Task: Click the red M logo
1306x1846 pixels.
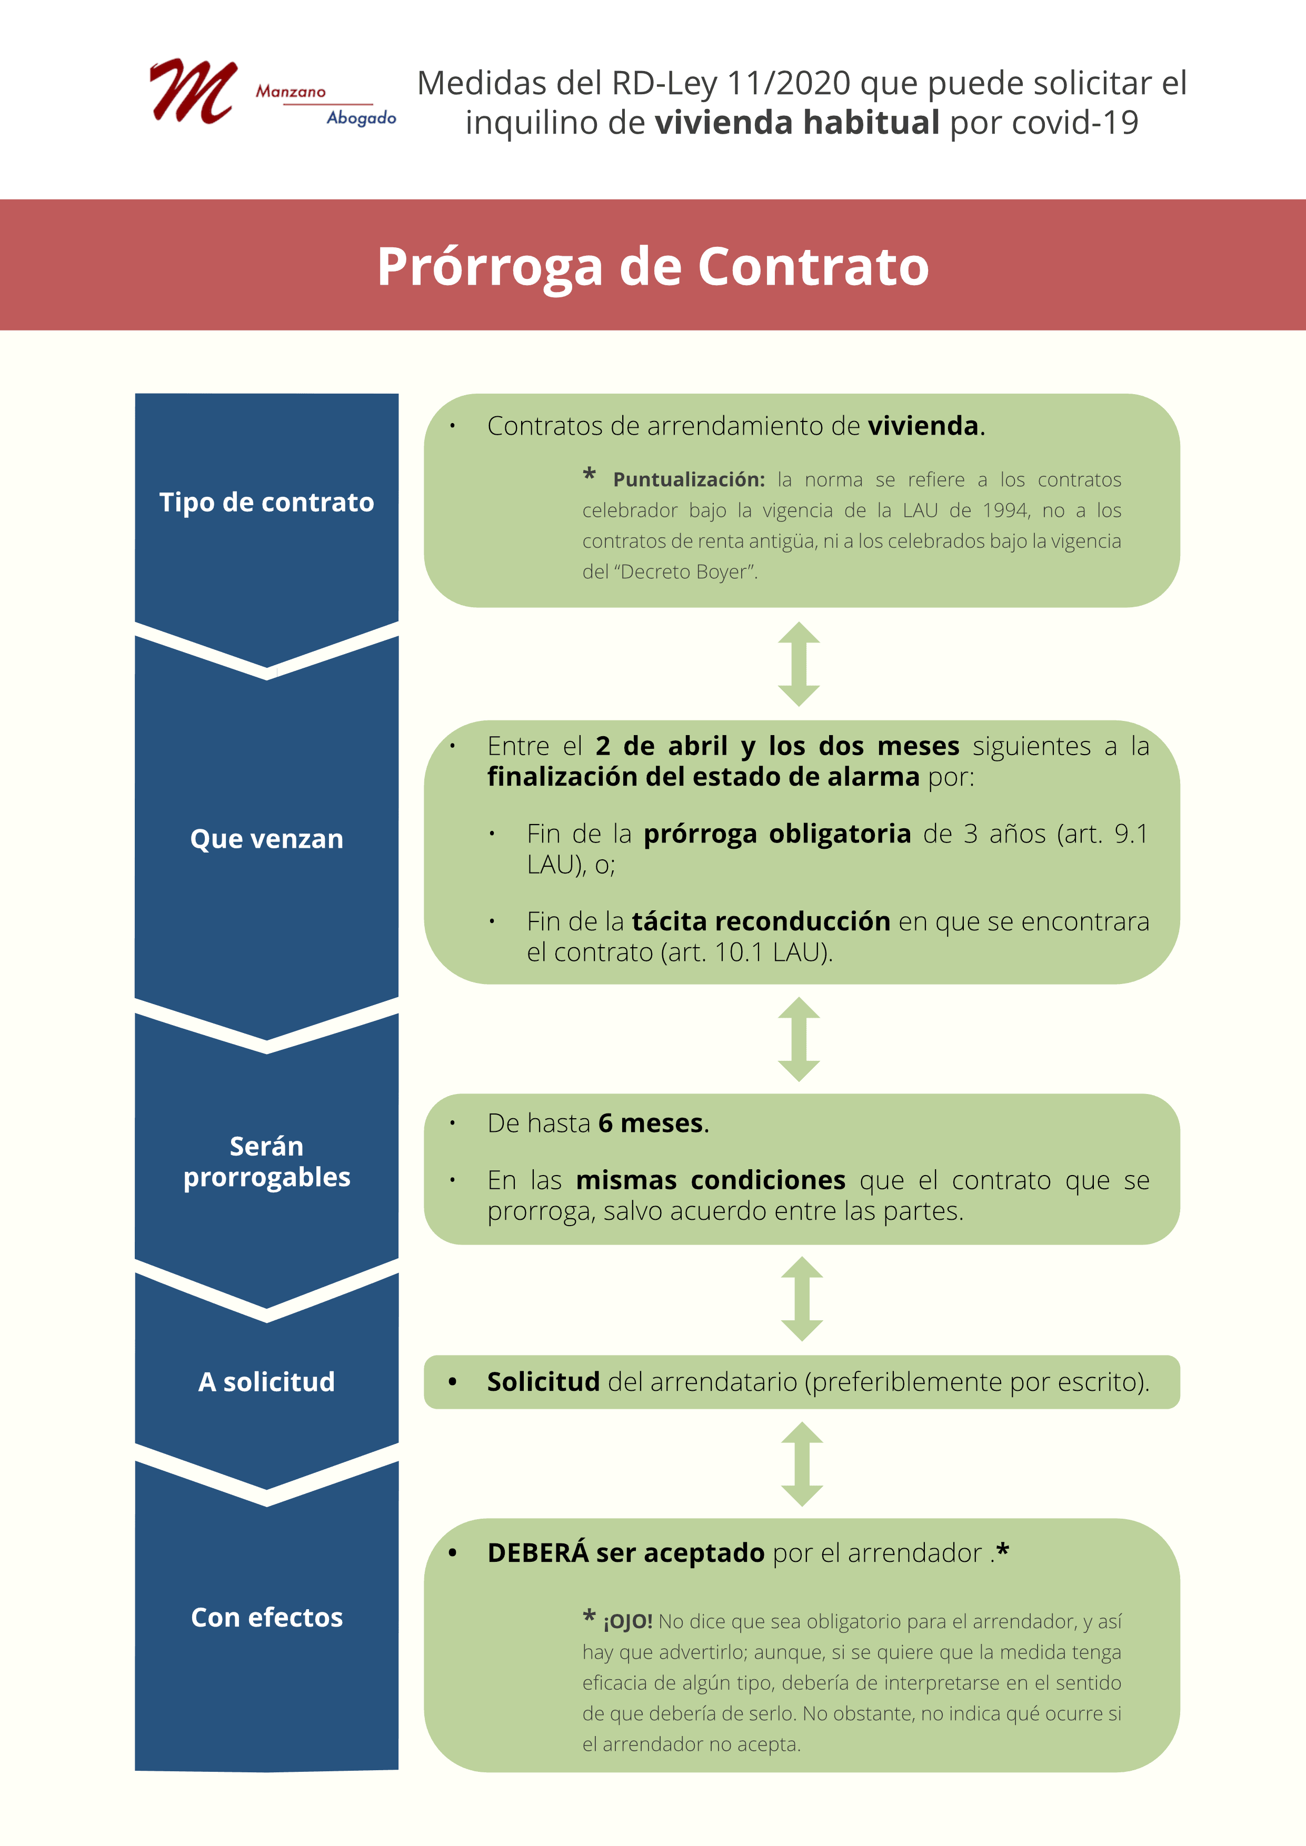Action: point(193,91)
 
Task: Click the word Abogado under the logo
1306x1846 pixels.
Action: point(361,118)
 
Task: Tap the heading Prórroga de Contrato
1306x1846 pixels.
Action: point(653,266)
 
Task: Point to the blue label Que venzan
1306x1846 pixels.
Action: point(267,839)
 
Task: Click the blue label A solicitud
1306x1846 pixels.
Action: point(267,1381)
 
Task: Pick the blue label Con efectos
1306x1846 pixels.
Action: point(267,1617)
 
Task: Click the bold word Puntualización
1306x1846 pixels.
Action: point(689,480)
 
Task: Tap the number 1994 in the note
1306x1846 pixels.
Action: point(1006,510)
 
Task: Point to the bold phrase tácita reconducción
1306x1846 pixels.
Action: point(761,921)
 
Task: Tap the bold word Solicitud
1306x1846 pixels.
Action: point(544,1381)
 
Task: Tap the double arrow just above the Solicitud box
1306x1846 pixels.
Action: point(802,1299)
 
